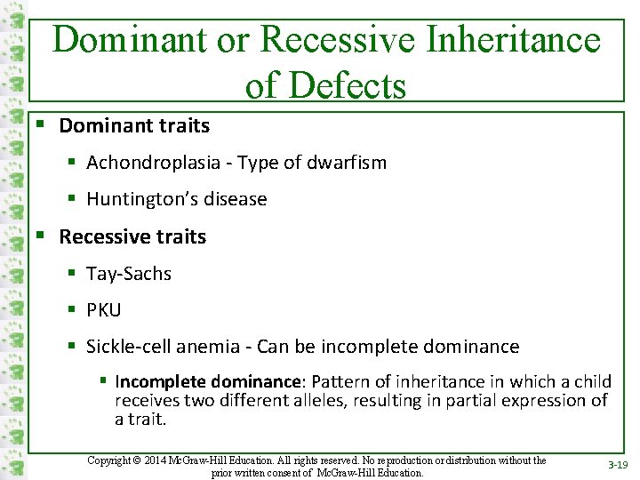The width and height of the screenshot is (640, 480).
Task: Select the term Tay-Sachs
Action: (x=129, y=274)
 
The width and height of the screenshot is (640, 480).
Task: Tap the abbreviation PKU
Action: (x=103, y=310)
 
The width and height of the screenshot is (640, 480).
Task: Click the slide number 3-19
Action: (x=616, y=465)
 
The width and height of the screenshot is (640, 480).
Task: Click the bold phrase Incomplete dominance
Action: (x=208, y=381)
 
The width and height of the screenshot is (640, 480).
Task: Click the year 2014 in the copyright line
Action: (x=168, y=460)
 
